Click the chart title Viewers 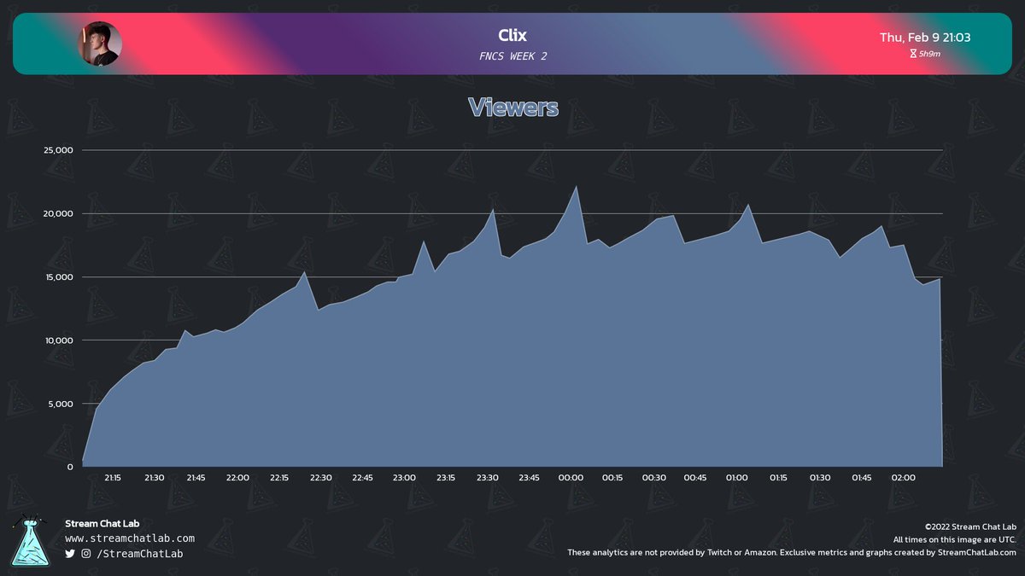512,108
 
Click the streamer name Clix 512,36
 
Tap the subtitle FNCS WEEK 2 512,56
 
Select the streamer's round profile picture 101,44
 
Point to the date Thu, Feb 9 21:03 925,38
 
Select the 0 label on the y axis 70,467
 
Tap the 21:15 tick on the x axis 112,478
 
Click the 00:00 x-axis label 571,478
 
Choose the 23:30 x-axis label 487,478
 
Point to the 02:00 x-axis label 903,478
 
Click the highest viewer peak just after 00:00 576,187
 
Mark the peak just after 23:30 494,209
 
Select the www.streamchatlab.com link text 130,538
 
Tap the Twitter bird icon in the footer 70,554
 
